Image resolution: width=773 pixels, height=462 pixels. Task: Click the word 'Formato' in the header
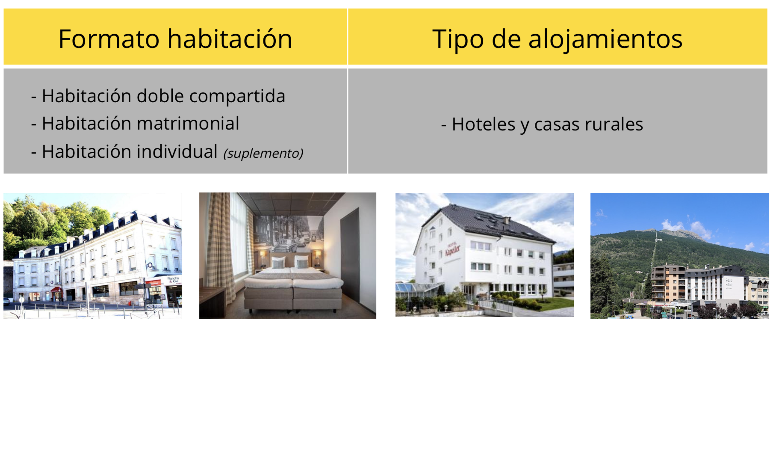tap(109, 39)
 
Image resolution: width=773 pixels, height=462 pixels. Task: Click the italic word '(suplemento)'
tap(263, 153)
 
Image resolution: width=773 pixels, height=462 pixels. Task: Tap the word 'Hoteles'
tap(484, 124)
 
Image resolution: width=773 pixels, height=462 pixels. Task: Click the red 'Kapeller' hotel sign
tap(452, 250)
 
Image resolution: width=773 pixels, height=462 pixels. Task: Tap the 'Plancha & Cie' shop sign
tap(173, 280)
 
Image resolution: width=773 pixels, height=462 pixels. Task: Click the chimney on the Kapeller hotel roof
tap(506, 220)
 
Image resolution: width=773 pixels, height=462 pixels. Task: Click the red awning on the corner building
tap(56, 290)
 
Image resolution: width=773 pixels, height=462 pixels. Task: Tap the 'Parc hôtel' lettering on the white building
tap(729, 283)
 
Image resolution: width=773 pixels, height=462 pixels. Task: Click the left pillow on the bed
tap(278, 262)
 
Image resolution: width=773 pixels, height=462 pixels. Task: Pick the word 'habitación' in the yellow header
tap(230, 39)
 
